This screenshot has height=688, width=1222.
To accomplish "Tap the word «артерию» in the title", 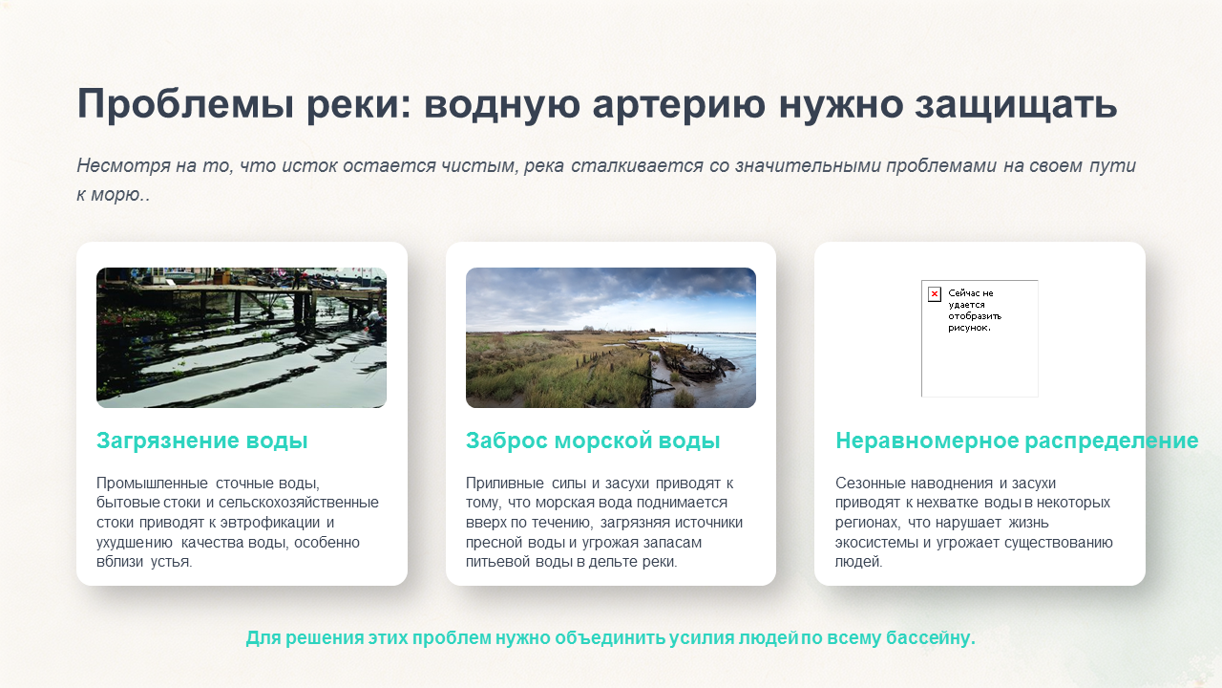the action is [x=679, y=104].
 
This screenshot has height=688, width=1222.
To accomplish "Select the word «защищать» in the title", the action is [x=1017, y=104].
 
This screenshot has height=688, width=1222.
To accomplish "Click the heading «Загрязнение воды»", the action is [x=201, y=441].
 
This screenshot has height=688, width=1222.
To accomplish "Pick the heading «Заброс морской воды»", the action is [x=593, y=441].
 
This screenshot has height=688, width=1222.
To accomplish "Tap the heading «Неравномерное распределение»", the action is [x=1017, y=441].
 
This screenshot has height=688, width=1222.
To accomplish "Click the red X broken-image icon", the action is [x=935, y=294].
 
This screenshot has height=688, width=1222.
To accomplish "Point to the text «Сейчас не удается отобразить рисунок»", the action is [x=975, y=311].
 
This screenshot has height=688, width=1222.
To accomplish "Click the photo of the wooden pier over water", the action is [x=242, y=337].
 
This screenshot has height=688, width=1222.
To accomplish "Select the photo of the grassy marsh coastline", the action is [x=611, y=337].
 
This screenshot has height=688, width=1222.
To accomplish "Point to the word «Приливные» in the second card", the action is [x=505, y=484].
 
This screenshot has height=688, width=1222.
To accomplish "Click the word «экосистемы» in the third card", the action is [x=876, y=543].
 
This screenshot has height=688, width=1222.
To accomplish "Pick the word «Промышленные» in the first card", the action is [x=152, y=484].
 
